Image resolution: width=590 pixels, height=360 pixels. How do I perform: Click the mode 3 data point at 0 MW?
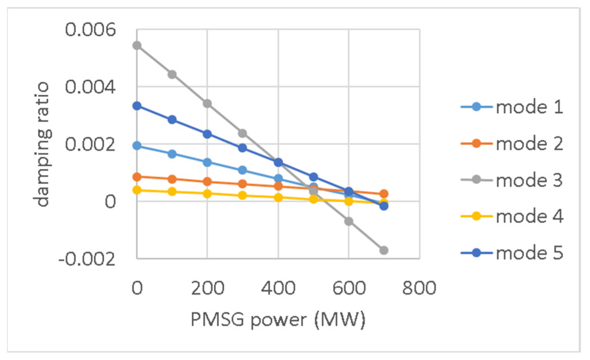pos(137,46)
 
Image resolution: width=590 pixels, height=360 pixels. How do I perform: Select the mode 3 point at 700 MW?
pos(384,250)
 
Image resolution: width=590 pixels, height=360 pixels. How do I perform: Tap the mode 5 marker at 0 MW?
pos(137,106)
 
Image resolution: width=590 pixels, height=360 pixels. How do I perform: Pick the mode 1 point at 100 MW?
pos(172,154)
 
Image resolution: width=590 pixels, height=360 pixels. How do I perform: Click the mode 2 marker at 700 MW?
pos(384,194)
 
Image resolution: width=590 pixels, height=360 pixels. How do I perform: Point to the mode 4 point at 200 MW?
pos(207,194)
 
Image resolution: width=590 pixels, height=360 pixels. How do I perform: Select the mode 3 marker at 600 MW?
pos(349,221)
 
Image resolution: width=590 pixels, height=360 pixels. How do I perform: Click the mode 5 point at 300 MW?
pos(242,148)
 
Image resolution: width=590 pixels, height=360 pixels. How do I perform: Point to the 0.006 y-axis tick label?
pos(90,30)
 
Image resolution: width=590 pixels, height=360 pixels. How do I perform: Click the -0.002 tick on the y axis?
pos(87,260)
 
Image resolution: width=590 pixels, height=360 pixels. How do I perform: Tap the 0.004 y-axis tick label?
pos(90,87)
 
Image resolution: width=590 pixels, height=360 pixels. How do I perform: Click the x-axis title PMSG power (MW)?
pos(278,319)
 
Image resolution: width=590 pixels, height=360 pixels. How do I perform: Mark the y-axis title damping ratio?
pos(42,144)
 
